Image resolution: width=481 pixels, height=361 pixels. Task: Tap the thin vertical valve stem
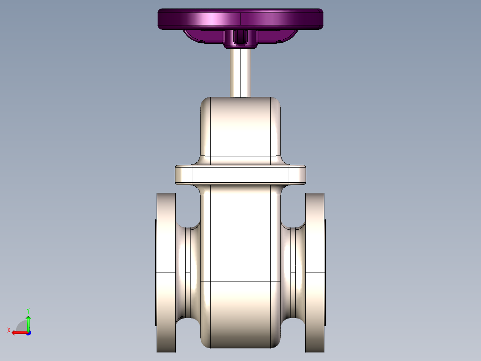point(240,71)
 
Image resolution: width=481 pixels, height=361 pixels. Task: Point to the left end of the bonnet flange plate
point(183,174)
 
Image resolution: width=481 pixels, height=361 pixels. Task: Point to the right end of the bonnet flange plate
point(297,174)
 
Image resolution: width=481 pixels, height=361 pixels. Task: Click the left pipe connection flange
point(166,273)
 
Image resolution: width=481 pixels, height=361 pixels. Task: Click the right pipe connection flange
point(315,273)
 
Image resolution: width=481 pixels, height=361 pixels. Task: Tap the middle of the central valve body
point(240,237)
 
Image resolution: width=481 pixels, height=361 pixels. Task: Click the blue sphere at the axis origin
point(28,333)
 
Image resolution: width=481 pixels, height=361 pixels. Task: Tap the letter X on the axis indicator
point(9,330)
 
